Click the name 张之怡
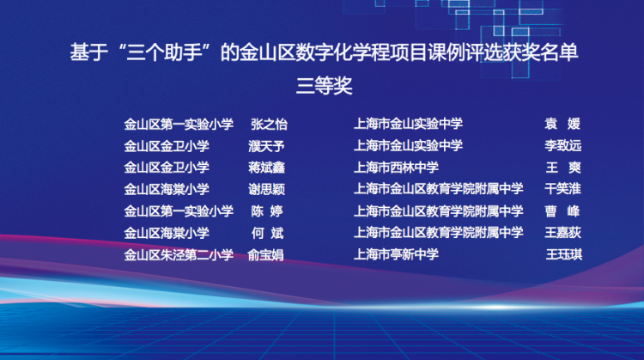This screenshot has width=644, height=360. [x=269, y=124]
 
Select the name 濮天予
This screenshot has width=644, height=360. [x=266, y=146]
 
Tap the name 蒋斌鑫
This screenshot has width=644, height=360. [x=266, y=168]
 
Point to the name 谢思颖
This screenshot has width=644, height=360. [x=266, y=190]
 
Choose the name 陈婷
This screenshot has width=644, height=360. [x=267, y=211]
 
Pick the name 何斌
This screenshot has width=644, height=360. [x=267, y=233]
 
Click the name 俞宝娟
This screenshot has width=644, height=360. [x=265, y=255]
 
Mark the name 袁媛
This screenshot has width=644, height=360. [x=562, y=123]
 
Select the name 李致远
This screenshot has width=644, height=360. [x=562, y=145]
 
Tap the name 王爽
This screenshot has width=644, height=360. [x=563, y=168]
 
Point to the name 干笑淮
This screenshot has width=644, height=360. [x=562, y=189]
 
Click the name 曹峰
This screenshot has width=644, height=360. [x=562, y=211]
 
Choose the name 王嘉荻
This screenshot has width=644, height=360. [x=562, y=233]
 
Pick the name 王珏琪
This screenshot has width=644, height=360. [x=564, y=254]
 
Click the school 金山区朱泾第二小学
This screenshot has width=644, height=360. [x=179, y=255]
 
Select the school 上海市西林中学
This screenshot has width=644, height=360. [x=396, y=168]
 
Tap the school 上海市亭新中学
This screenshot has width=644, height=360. [x=396, y=254]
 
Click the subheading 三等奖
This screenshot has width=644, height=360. [x=324, y=86]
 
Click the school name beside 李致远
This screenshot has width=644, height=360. [x=408, y=145]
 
